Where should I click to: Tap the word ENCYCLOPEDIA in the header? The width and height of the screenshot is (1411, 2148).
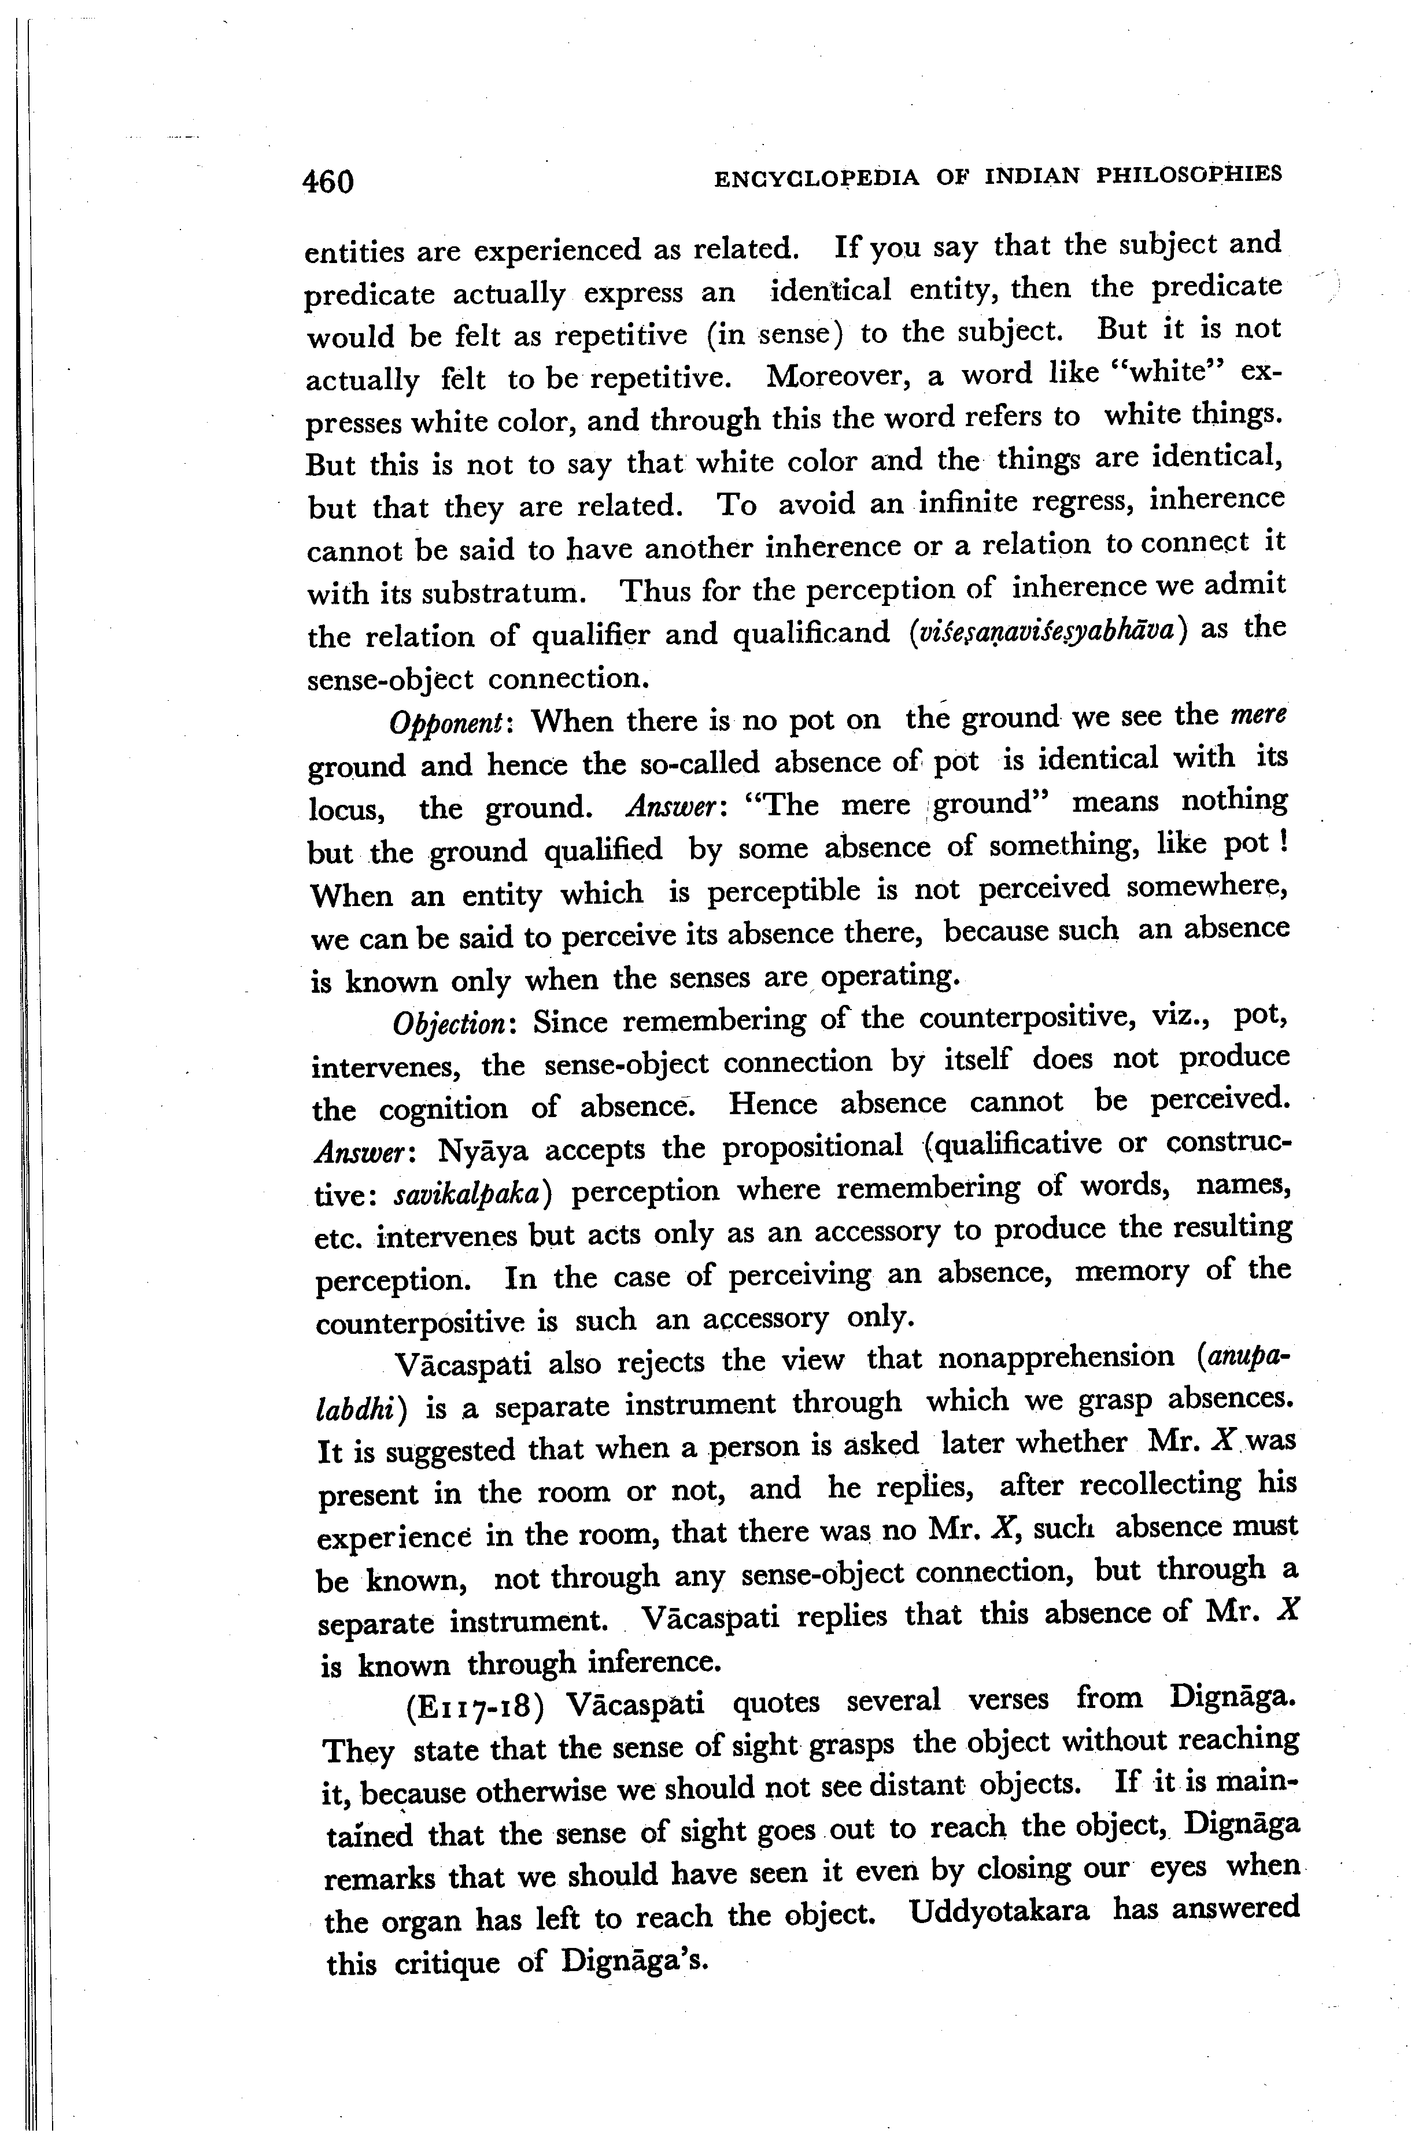point(816,178)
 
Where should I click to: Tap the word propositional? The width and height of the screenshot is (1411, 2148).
point(812,1146)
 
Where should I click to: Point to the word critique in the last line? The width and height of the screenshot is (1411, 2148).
point(447,1963)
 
